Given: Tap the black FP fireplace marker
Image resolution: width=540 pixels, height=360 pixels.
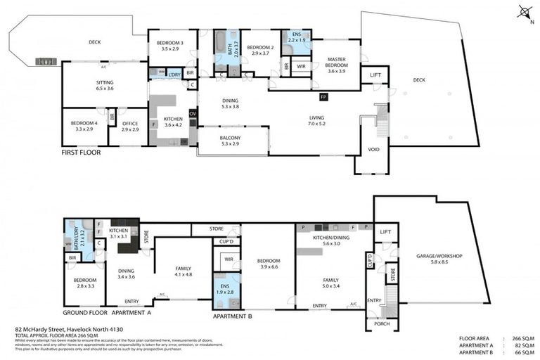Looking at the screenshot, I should coord(323,96).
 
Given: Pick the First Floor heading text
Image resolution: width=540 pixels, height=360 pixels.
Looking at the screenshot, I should coord(81,152).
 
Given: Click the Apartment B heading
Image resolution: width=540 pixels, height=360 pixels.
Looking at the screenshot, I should coord(232,316).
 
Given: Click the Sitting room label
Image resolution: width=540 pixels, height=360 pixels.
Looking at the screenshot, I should coord(104,86).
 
